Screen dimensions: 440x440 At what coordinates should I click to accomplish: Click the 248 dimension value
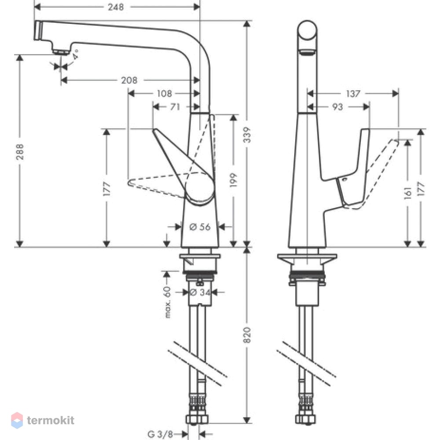(116, 7)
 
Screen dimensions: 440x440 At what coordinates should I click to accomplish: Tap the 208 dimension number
(129, 81)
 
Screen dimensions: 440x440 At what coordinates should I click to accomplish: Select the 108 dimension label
(164, 93)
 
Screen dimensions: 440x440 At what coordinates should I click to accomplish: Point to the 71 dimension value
(175, 107)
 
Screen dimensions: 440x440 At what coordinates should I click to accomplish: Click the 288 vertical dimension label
(20, 152)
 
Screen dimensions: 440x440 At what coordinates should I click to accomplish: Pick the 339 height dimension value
(247, 135)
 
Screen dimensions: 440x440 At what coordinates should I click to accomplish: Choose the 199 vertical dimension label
(233, 180)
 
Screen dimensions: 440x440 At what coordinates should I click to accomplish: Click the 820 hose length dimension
(247, 335)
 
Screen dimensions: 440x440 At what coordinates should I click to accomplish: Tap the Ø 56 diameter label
(200, 227)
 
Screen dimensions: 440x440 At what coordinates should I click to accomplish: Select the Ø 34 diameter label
(200, 293)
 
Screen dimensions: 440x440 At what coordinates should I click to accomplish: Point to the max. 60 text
(168, 302)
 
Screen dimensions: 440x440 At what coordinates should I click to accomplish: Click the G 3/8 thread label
(160, 434)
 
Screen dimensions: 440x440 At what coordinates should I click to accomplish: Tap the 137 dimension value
(353, 93)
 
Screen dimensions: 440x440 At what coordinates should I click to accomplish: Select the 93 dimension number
(337, 107)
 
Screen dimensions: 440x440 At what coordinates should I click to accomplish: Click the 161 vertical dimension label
(408, 193)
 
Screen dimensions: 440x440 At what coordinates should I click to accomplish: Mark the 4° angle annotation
(75, 54)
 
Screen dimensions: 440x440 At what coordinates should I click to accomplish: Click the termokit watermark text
(51, 420)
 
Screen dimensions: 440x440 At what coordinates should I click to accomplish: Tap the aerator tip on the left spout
(61, 52)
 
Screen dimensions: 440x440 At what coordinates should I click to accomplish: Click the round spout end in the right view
(307, 30)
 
